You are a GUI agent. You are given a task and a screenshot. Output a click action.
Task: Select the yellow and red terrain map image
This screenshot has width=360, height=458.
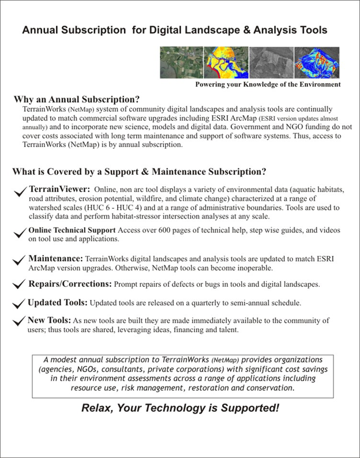click(226, 62)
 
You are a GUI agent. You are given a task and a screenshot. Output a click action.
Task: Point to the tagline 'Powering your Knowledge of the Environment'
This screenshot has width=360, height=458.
click(268, 84)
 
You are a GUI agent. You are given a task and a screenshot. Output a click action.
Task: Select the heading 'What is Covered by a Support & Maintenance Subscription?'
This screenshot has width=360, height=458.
click(138, 171)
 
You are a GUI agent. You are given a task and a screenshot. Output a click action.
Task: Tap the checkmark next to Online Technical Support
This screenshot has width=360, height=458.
click(18, 232)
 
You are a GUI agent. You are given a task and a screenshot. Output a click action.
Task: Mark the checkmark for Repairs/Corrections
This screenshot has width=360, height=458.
click(18, 285)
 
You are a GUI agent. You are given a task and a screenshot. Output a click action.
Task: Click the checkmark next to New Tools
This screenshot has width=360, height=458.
click(18, 321)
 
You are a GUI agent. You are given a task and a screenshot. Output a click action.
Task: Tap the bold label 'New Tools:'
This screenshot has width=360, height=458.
click(50, 320)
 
